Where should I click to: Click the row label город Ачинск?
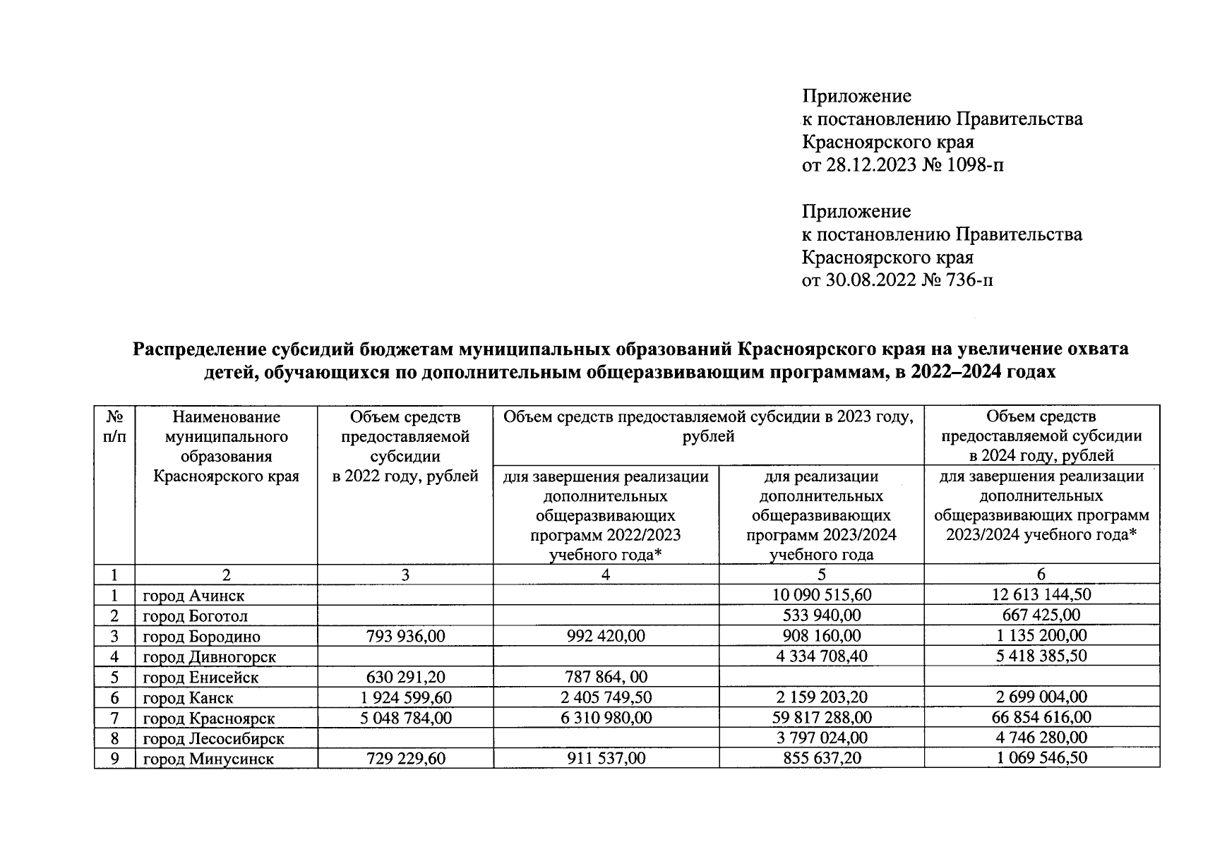[193, 596]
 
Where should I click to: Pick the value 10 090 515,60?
[821, 595]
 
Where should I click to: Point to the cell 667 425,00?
[1041, 615]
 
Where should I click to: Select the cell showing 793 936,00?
[405, 636]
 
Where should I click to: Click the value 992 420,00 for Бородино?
[606, 636]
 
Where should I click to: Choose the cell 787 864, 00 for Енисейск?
[606, 677]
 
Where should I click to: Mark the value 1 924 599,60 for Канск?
[405, 697]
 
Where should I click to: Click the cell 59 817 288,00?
[821, 718]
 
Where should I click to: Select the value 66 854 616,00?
[1041, 718]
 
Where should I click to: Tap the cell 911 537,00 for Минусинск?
[606, 759]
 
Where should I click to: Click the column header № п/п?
[114, 426]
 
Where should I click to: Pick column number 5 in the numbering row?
[821, 575]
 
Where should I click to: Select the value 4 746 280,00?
[1041, 738]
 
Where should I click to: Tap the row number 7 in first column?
[114, 718]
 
